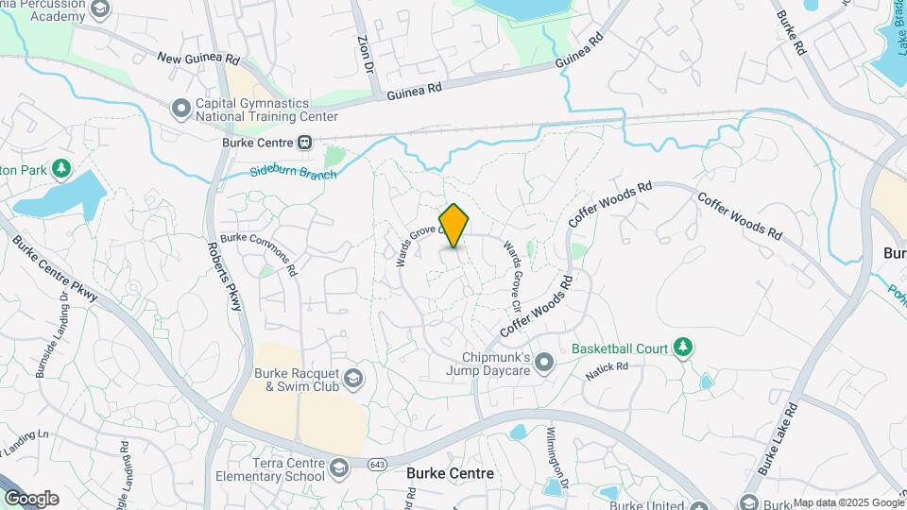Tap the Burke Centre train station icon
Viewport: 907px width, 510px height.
click(x=305, y=144)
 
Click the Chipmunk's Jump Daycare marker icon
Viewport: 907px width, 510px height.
click(x=543, y=363)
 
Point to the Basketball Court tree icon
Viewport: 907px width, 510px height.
click(x=681, y=348)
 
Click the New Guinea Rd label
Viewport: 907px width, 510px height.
click(x=198, y=59)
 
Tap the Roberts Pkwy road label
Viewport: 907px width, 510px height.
click(x=223, y=275)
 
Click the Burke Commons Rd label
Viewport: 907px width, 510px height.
click(x=258, y=254)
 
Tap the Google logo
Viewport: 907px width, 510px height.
click(x=31, y=498)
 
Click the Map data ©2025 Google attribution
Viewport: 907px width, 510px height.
click(x=847, y=502)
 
